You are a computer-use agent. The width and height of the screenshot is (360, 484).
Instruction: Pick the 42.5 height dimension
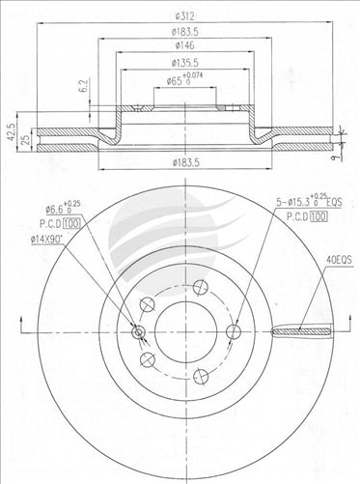coord(11,129)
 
